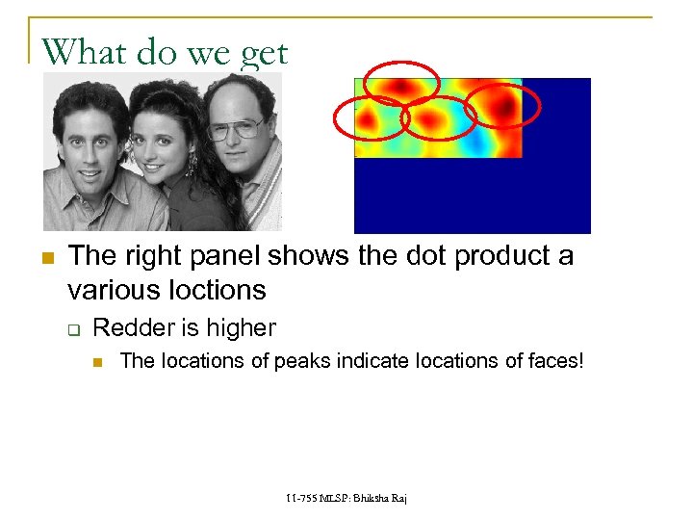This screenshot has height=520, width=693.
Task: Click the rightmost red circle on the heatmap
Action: coord(502,106)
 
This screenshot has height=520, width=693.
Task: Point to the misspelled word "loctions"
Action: coord(216,289)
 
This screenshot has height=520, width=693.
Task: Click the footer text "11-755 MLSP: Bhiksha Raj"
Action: coord(346,498)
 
